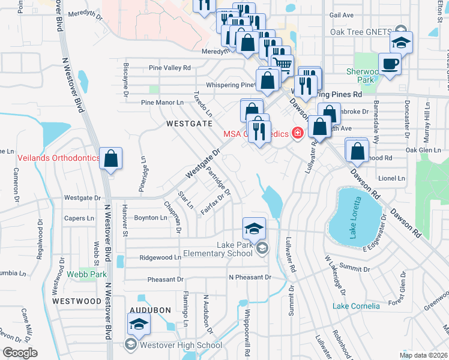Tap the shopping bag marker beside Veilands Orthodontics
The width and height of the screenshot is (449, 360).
(112, 160)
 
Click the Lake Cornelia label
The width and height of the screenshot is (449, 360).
(357, 306)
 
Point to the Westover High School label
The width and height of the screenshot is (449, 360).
(181, 345)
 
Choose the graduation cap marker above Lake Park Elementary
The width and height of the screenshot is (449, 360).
(254, 229)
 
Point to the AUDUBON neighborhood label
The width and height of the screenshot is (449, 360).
(150, 310)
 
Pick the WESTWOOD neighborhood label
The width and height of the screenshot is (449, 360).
(76, 300)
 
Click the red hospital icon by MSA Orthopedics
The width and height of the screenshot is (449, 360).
(296, 133)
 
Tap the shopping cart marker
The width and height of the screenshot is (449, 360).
(282, 63)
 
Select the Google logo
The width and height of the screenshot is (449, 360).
(20, 353)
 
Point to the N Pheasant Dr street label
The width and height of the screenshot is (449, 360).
(250, 277)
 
